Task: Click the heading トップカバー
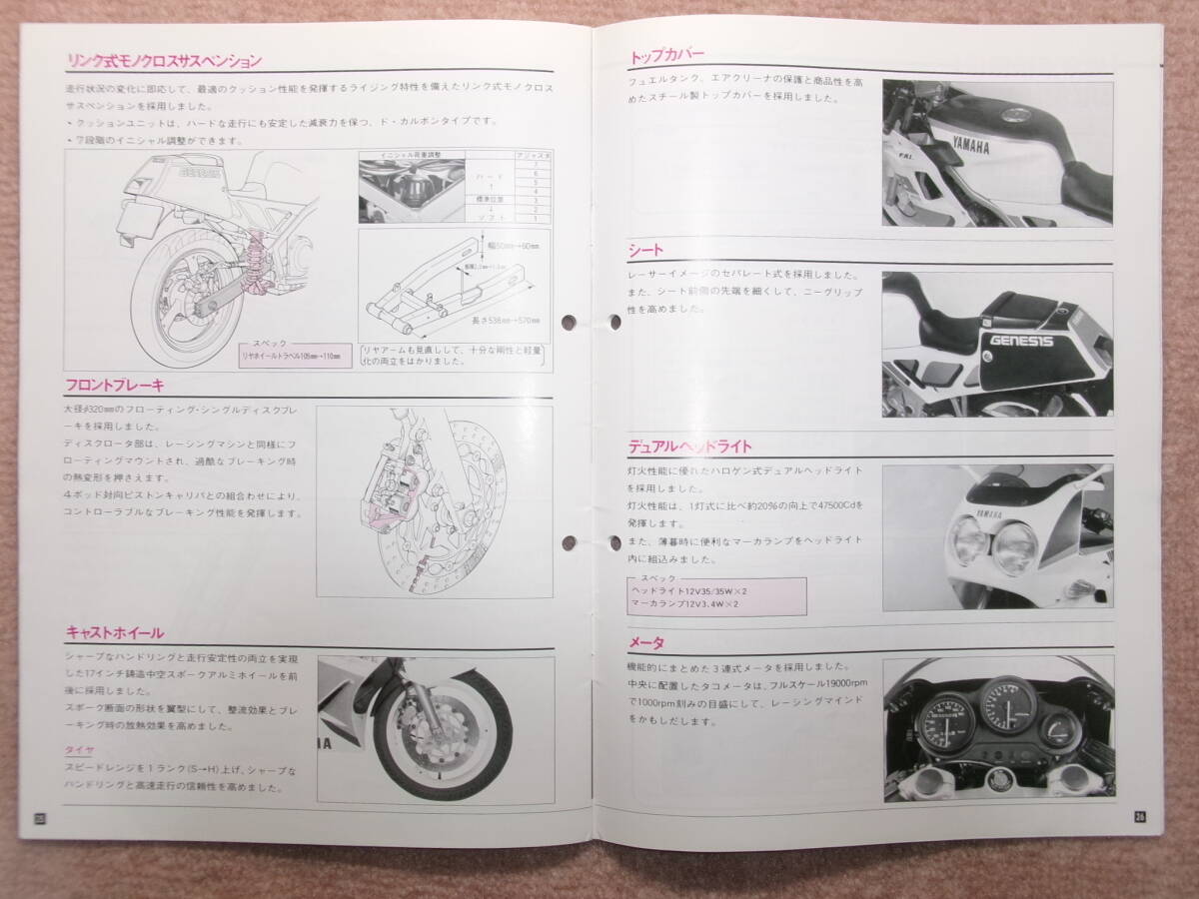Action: [668, 57]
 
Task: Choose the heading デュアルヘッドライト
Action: [690, 447]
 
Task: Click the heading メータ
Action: [646, 642]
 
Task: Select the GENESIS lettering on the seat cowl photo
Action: [1020, 340]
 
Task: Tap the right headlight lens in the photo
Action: [1015, 547]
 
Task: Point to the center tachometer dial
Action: [1007, 703]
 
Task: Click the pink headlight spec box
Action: [715, 595]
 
